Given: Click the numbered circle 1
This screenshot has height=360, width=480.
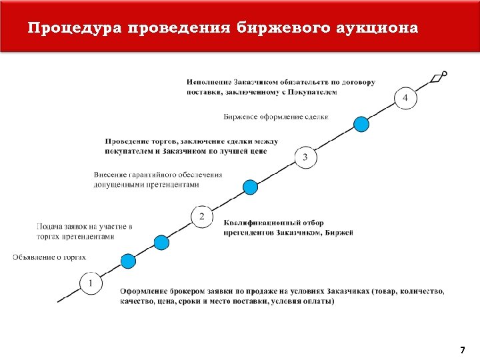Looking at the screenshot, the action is [x=91, y=283].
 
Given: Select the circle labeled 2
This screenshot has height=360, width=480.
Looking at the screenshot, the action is [x=202, y=216].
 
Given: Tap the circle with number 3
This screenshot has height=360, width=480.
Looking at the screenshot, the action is [x=305, y=157].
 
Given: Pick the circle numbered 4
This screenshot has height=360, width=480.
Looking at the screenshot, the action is [x=406, y=99].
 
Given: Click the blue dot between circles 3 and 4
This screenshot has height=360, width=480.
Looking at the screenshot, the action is [x=361, y=124].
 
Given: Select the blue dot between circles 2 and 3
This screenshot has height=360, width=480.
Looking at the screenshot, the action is [x=250, y=187].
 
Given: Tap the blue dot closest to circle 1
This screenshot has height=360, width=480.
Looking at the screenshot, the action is [x=127, y=261].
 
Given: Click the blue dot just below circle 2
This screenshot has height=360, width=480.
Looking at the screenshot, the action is [x=161, y=243].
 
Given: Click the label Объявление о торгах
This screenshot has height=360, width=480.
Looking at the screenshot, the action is [x=49, y=257].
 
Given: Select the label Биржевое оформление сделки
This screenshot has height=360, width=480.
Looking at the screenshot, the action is [x=276, y=117].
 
